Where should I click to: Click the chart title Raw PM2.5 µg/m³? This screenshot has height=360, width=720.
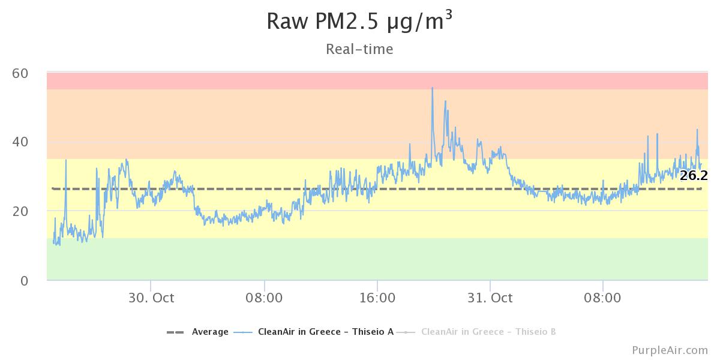(x=359, y=22)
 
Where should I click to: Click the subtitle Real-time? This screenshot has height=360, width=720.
(x=359, y=49)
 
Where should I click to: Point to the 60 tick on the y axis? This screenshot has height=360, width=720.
(x=20, y=73)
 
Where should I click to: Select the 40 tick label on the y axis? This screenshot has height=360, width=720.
(x=20, y=142)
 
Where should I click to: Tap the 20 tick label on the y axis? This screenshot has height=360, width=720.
(x=20, y=211)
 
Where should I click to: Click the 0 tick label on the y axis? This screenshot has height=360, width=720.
(x=25, y=280)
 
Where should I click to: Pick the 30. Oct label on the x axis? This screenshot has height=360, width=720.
(x=151, y=298)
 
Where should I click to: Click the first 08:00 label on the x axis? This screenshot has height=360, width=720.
(x=264, y=298)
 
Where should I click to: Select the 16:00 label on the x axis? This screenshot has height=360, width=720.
(x=377, y=298)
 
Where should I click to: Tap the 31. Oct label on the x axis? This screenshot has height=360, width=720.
(x=490, y=298)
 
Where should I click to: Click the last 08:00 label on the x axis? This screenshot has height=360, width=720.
(x=602, y=298)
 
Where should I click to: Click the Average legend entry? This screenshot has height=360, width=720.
(x=210, y=332)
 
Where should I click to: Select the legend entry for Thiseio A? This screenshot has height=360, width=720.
(x=325, y=332)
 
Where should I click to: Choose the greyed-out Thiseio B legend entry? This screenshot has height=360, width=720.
(x=488, y=332)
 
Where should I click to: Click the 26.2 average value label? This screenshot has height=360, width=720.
(x=694, y=175)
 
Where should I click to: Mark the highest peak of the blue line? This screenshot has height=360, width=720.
(x=432, y=88)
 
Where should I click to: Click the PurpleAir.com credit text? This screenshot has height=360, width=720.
(x=670, y=350)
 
